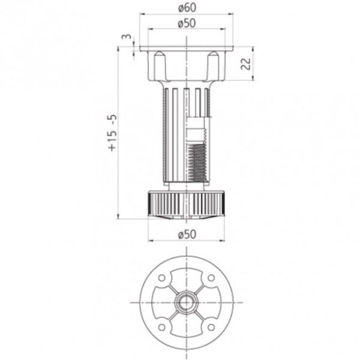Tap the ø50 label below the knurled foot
point(187,234)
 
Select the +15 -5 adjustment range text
point(111,133)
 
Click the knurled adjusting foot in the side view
point(187,204)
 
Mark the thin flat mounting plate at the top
point(187,50)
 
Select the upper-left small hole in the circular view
point(162,279)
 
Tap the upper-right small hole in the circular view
point(211,279)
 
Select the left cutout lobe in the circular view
point(161,304)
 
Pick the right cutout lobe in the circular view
point(212,304)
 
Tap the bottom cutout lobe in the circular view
point(187,329)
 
